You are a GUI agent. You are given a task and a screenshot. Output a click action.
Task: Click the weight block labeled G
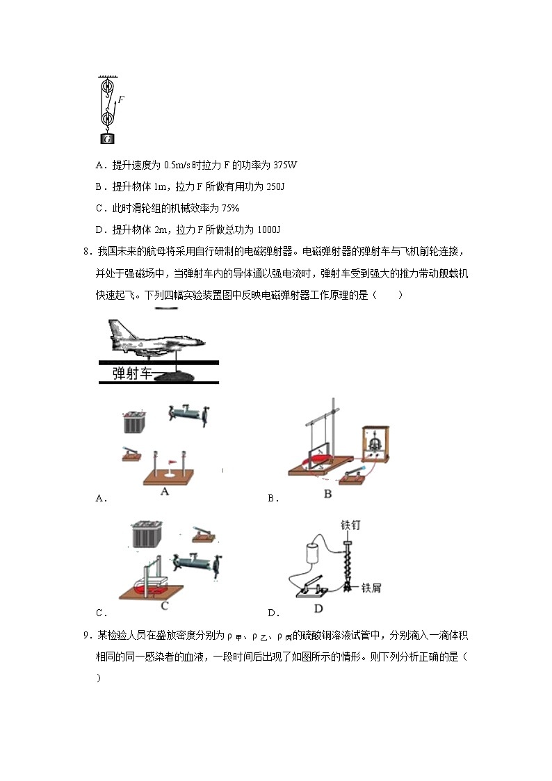[108, 138]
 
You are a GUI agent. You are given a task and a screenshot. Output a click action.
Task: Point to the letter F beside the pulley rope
[121, 99]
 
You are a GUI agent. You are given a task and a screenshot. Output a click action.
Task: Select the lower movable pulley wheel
[108, 119]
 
